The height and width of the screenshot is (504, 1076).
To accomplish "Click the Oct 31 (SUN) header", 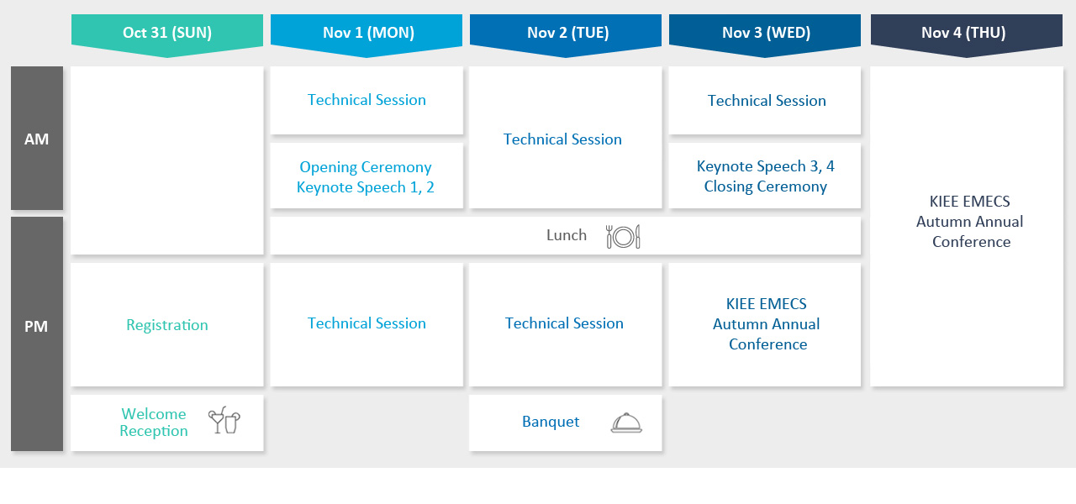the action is [167, 33].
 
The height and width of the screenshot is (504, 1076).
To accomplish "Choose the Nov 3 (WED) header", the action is [766, 33].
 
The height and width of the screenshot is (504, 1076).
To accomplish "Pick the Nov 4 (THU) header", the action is [963, 33].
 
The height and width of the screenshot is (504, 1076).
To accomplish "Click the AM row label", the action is [36, 139].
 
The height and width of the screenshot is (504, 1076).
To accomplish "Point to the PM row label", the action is [36, 327].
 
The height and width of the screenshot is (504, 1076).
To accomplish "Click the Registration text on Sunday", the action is [167, 325].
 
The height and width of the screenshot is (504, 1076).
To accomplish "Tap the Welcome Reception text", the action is [154, 423].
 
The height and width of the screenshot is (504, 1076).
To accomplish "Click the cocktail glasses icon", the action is [224, 421].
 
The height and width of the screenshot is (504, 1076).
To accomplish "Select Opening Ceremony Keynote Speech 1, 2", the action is [366, 176].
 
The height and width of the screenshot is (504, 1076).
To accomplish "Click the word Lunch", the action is [567, 235].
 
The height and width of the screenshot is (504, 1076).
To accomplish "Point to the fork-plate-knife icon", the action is [623, 237].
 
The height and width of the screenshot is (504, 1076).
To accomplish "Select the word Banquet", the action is [551, 422].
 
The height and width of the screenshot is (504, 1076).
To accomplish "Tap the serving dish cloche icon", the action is [626, 423].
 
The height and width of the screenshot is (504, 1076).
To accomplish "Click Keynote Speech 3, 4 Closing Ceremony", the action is [766, 176].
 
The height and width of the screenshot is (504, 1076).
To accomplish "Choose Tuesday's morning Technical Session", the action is [562, 139].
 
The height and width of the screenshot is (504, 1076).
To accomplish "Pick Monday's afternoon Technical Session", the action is [367, 323].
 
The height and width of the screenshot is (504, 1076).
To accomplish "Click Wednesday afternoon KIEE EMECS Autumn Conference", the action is [766, 324].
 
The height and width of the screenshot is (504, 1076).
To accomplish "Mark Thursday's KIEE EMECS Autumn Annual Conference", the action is [970, 221].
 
